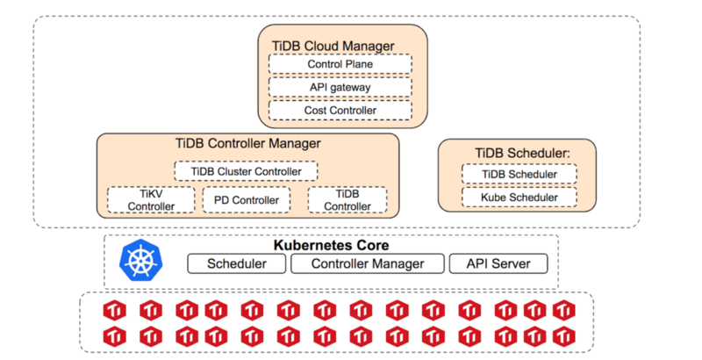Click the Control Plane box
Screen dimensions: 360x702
[x=340, y=64]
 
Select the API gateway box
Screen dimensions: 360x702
[x=340, y=87]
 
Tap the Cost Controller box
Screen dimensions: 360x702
[x=340, y=110]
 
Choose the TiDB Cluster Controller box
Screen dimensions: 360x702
[x=246, y=171]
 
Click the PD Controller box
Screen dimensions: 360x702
[x=247, y=200]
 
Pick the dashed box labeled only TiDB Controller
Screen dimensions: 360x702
[x=347, y=200]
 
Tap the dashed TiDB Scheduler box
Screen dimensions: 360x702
[x=519, y=174]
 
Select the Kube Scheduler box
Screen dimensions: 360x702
[x=519, y=197]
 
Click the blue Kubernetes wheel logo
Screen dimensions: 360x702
[x=139, y=260]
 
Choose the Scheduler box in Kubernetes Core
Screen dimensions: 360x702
[x=236, y=263]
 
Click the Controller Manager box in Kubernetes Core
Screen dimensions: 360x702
[x=368, y=263]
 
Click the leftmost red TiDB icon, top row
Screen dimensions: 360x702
[x=115, y=310]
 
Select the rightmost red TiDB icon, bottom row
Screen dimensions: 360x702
[x=562, y=335]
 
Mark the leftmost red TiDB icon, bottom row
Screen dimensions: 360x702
[x=115, y=335]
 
